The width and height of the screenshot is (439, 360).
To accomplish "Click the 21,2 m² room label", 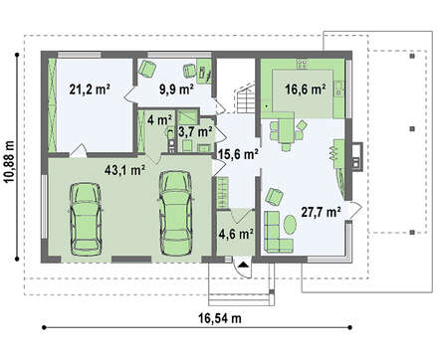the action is [90, 90].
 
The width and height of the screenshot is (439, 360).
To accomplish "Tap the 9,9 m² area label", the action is [176, 90].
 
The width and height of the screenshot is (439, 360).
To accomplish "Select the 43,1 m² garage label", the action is [124, 170].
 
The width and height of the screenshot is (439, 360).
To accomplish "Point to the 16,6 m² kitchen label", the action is [306, 89].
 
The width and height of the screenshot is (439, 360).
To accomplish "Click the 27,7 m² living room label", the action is [322, 212].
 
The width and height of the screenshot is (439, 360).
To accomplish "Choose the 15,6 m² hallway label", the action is [238, 154].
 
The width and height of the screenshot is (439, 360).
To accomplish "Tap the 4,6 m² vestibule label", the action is [236, 234].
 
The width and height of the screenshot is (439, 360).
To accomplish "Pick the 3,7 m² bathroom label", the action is [195, 132].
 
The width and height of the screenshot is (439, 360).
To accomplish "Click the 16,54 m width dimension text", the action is [220, 318].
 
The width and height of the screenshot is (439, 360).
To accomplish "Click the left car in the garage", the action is [86, 219].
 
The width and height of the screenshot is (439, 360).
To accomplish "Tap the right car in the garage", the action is [175, 213].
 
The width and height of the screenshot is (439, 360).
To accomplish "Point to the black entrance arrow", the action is [244, 265].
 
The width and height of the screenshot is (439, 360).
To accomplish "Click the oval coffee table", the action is [290, 225].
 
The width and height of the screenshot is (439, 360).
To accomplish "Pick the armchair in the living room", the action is [274, 196].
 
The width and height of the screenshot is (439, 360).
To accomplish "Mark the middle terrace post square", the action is [412, 129].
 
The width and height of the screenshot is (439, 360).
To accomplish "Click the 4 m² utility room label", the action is [159, 119].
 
